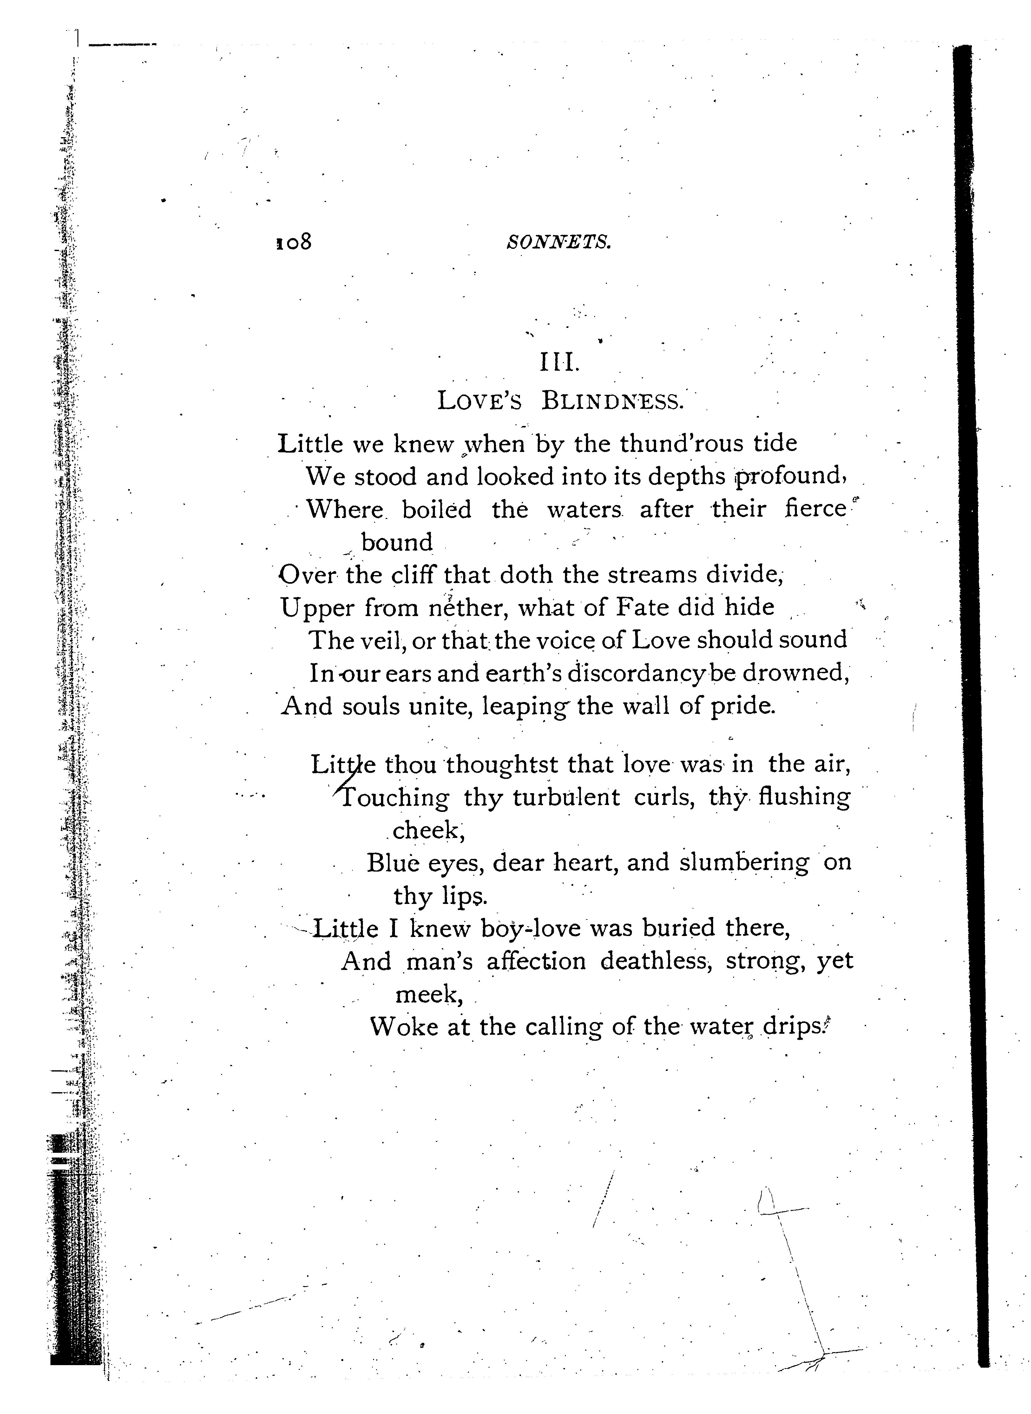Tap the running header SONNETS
(559, 242)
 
